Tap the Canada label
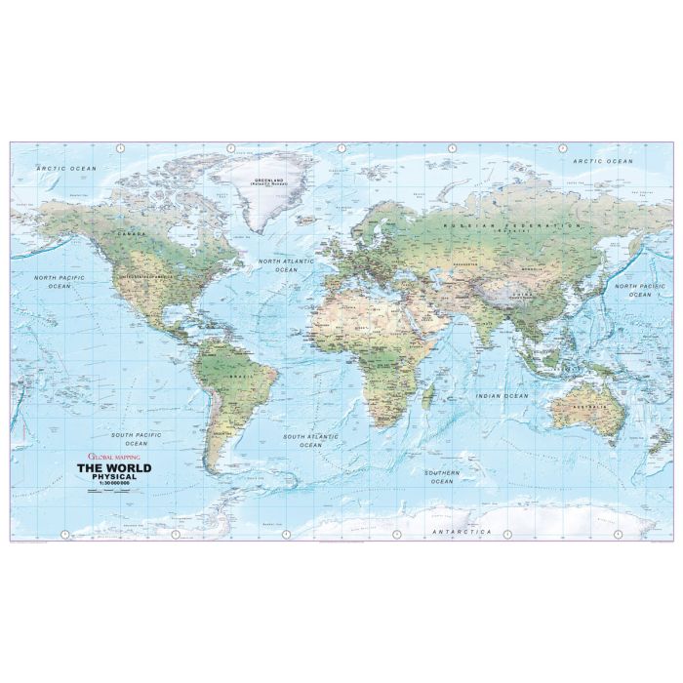pyautogui.click(x=126, y=234)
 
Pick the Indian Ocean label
pyautogui.click(x=502, y=396)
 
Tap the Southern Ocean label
pyautogui.click(x=441, y=477)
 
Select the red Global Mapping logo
pyautogui.click(x=113, y=456)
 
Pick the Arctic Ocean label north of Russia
pyautogui.click(x=603, y=160)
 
